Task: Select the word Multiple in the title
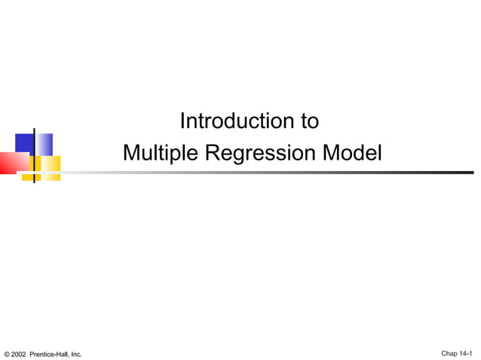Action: point(158,153)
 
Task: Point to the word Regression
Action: point(259,153)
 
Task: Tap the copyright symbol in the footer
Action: point(7,354)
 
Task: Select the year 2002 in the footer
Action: point(18,354)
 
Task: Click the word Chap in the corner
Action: point(449,353)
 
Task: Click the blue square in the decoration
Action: point(25,144)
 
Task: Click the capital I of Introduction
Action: point(183,121)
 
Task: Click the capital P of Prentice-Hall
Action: point(32,354)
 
